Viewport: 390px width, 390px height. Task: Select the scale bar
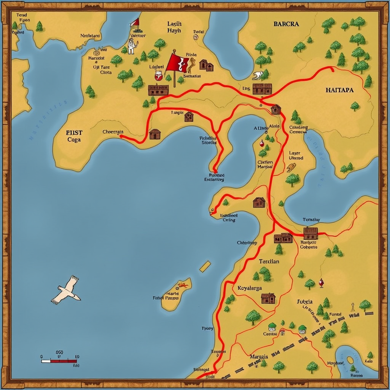pyautogui.click(x=59, y=361)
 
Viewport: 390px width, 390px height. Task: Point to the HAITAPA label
pyautogui.click(x=339, y=90)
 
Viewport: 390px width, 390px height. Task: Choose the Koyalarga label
pyautogui.click(x=250, y=288)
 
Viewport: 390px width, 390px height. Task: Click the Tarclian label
pyautogui.click(x=269, y=261)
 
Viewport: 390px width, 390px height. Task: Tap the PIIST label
pyautogui.click(x=74, y=132)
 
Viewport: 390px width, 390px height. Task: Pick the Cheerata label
pyautogui.click(x=113, y=132)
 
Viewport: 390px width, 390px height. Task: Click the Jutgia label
pyautogui.click(x=305, y=301)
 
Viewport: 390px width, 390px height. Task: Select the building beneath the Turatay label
pyautogui.click(x=310, y=233)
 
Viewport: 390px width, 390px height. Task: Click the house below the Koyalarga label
pyautogui.click(x=268, y=298)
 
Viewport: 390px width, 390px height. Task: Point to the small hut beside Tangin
pyautogui.click(x=189, y=116)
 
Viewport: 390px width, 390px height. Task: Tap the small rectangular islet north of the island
pyautogui.click(x=205, y=266)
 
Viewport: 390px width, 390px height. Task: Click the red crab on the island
pyautogui.click(x=183, y=286)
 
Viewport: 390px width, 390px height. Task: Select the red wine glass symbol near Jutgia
pyautogui.click(x=321, y=282)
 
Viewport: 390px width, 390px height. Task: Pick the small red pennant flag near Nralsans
pyautogui.click(x=135, y=23)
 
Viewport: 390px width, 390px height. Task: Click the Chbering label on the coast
pyautogui.click(x=247, y=243)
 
